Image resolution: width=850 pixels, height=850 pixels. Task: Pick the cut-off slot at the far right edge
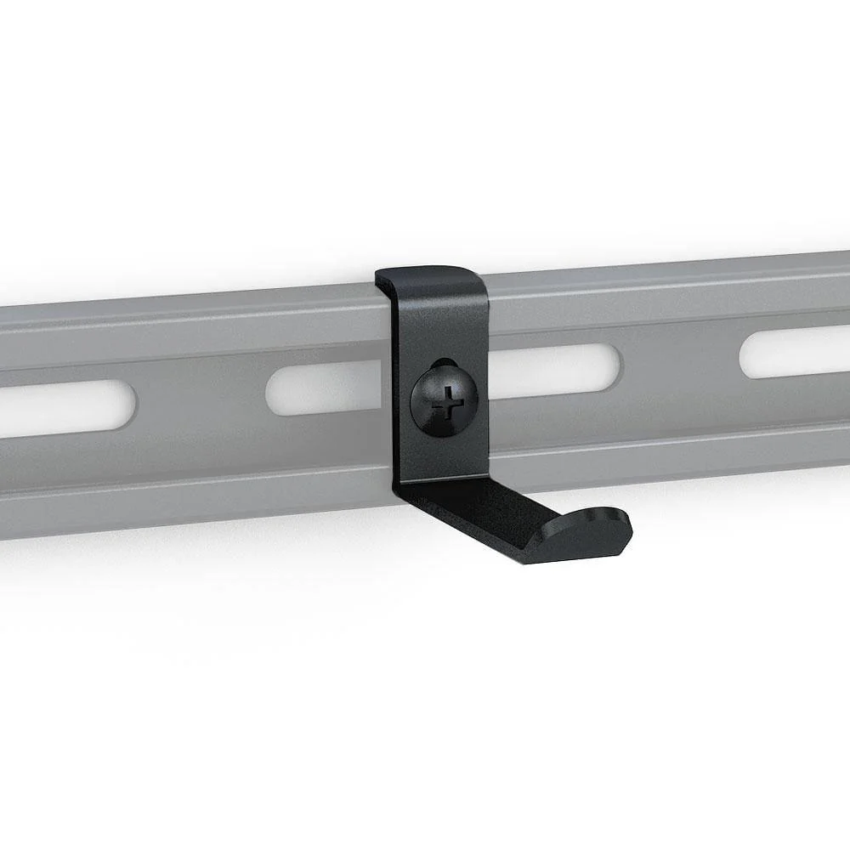(x=795, y=350)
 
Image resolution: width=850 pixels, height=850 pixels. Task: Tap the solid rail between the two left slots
(x=200, y=399)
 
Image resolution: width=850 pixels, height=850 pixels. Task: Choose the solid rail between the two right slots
(x=680, y=361)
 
